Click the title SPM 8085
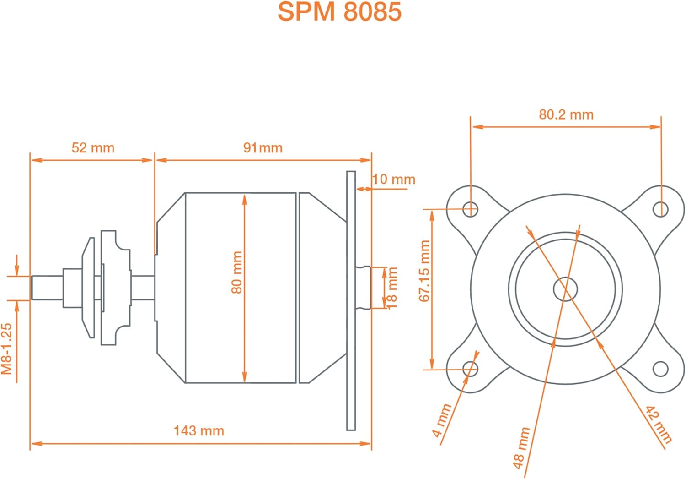[x=339, y=12]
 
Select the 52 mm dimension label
[x=93, y=148]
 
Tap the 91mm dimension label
[x=263, y=148]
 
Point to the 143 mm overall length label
[x=199, y=431]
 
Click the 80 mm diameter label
[x=237, y=272]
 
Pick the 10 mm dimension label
[x=394, y=179]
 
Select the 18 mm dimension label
[x=392, y=288]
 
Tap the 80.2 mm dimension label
[x=566, y=114]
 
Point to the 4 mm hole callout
[x=442, y=420]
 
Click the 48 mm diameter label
[x=521, y=448]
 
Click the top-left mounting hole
[x=470, y=209]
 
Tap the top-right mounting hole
[x=660, y=209]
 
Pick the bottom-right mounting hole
[x=660, y=369]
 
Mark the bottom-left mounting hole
[x=470, y=369]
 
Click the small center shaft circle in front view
[x=565, y=289]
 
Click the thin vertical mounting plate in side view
[x=351, y=301]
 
